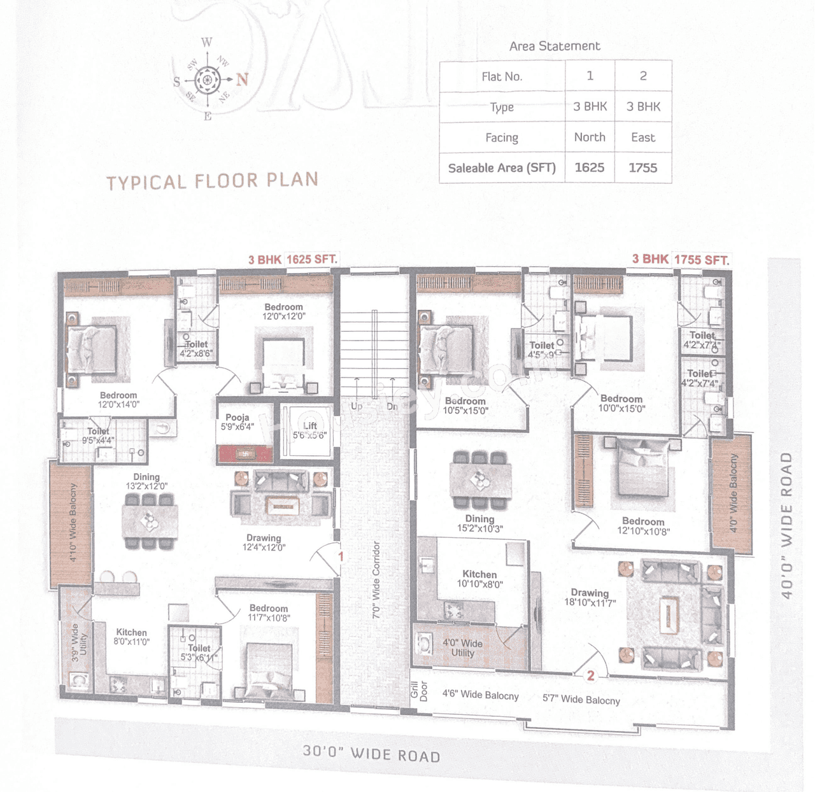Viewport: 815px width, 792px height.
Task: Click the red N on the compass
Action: click(242, 80)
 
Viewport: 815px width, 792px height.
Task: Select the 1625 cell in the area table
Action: click(589, 167)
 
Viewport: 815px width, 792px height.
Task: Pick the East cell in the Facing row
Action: click(643, 138)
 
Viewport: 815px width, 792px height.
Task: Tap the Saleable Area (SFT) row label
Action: click(502, 168)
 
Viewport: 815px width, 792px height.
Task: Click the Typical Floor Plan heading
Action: click(212, 181)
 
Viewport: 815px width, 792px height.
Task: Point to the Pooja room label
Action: click(237, 422)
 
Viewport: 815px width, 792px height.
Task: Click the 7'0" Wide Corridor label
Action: click(376, 580)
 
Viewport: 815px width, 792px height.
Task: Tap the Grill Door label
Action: click(419, 691)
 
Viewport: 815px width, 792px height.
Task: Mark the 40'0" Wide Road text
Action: click(787, 526)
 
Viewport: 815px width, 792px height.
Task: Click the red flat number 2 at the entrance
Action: click(591, 675)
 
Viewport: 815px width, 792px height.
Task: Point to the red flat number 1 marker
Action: click(341, 556)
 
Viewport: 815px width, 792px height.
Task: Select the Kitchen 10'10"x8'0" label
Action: click(479, 579)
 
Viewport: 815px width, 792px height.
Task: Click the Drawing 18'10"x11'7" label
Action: click(590, 597)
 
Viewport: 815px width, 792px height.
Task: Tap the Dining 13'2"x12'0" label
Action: click(146, 481)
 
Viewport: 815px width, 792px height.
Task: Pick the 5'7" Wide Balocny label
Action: click(581, 700)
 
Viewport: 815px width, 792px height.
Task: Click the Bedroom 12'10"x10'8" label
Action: click(643, 526)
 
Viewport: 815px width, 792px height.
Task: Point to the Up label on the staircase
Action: click(357, 406)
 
